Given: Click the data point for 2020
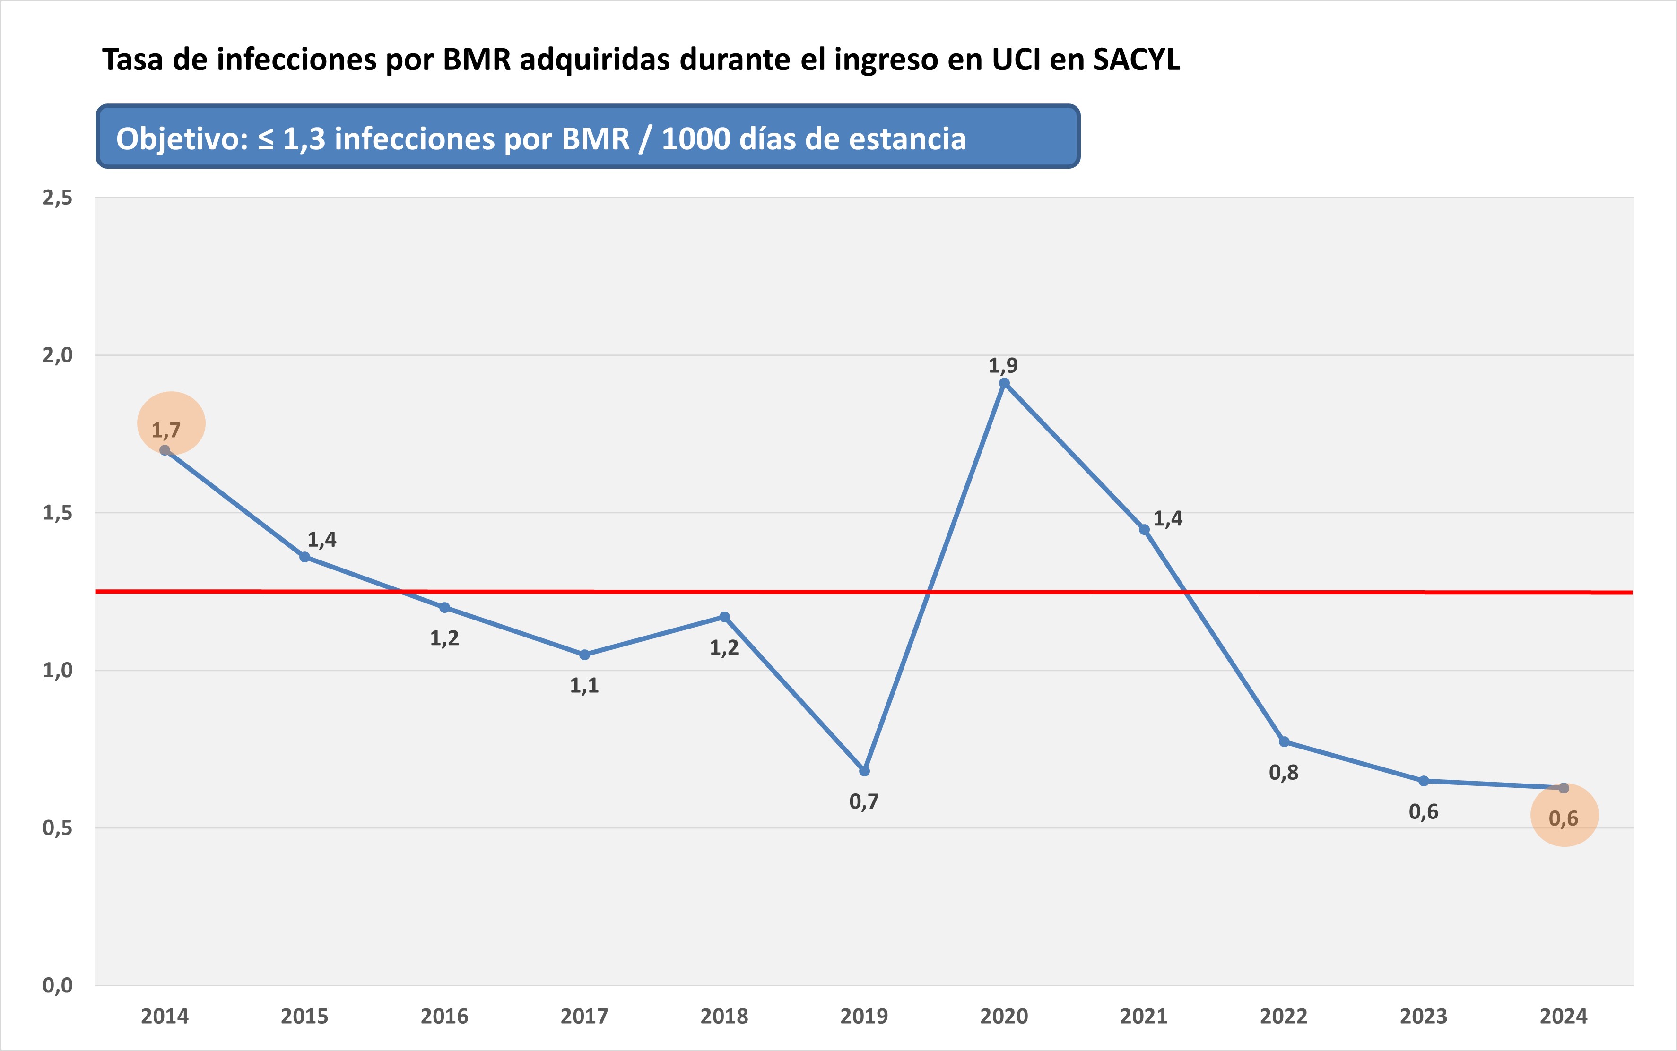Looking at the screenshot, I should pos(1004,383).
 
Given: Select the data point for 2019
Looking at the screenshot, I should pos(864,771).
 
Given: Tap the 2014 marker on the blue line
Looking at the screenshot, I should pos(165,450).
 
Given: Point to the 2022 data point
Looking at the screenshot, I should pos(1284,741).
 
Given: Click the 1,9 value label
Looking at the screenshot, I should pos(1003,365).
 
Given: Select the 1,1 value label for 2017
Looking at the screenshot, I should pos(584,685).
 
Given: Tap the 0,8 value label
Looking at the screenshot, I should pos(1284,772).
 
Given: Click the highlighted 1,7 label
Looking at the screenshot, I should pos(166,430).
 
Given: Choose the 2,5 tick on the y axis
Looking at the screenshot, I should pos(58,198).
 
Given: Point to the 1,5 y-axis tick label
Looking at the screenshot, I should pos(58,513).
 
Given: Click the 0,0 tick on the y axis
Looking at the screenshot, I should pos(58,985).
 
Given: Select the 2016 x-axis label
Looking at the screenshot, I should pos(444,1016).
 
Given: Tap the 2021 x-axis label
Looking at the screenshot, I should pos(1144,1016).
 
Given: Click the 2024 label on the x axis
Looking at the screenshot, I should pos(1564,1016).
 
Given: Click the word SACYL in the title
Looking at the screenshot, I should pos(1136,60).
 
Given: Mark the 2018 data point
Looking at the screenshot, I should pos(724,617).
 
